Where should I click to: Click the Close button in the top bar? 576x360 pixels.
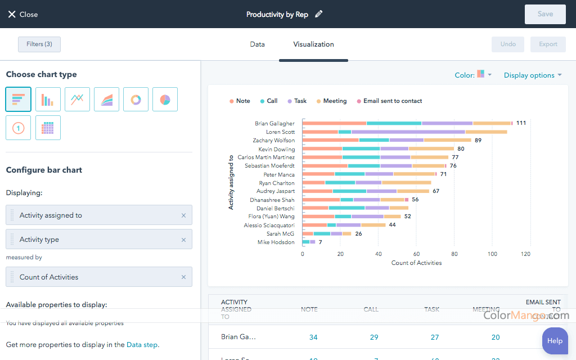[22, 14]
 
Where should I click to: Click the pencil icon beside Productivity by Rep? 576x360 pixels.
[319, 14]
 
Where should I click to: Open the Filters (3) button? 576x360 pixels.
[39, 44]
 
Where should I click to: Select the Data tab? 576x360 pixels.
[257, 44]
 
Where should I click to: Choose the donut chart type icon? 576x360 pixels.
[136, 100]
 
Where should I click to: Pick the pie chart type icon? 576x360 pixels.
[165, 100]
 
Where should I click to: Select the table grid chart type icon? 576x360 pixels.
[48, 128]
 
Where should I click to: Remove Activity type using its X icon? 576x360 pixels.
[183, 240]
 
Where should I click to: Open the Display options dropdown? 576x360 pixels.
[532, 75]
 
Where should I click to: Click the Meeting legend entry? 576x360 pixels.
[331, 101]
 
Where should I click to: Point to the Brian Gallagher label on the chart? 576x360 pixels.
[274, 123]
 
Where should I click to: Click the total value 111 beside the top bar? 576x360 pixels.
[521, 123]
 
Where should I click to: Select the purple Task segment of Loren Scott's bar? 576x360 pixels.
[408, 132]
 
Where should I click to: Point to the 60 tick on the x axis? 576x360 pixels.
[417, 254]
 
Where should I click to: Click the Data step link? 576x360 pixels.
[142, 345]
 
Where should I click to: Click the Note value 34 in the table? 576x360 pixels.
[313, 337]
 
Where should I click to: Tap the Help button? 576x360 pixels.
[555, 340]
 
